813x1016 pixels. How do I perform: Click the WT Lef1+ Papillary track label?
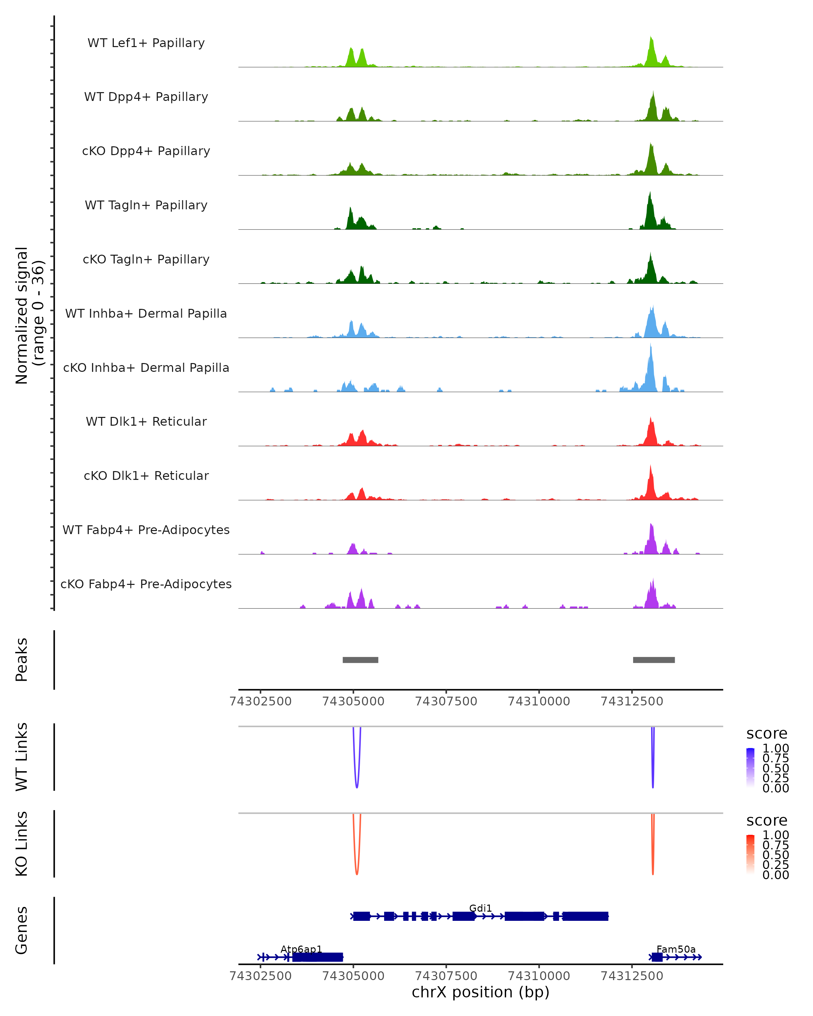tap(146, 43)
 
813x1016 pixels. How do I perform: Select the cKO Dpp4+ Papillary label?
tap(146, 151)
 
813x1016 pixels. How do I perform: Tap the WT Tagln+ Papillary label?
tap(146, 206)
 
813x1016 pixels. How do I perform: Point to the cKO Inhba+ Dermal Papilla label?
tap(146, 368)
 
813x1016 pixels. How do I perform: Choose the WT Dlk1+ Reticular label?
tap(146, 422)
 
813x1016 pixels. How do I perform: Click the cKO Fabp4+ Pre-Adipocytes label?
tap(146, 584)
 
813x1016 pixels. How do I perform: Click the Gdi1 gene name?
tap(480, 908)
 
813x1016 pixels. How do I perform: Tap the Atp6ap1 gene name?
tap(301, 949)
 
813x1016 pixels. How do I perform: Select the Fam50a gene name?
tap(676, 949)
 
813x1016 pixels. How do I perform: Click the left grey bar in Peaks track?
tap(360, 660)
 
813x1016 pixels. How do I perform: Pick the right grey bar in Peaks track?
tap(654, 660)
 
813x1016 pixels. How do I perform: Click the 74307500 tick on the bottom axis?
tap(446, 976)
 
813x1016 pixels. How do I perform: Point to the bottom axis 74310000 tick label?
tap(539, 976)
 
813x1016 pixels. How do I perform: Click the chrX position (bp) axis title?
tap(480, 992)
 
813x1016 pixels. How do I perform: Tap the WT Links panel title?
tap(22, 757)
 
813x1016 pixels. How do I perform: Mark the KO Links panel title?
tap(22, 844)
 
